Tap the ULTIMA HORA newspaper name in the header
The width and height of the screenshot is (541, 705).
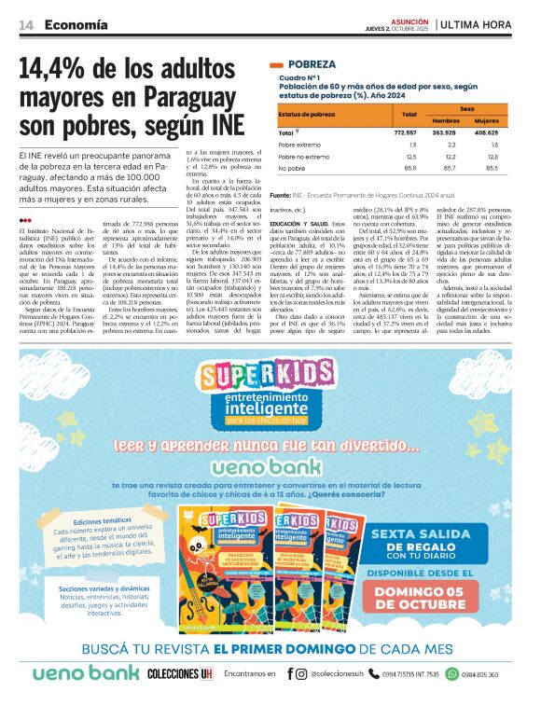[x=482, y=26]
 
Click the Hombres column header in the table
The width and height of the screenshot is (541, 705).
[x=446, y=121]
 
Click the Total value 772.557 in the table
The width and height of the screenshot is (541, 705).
[x=401, y=133]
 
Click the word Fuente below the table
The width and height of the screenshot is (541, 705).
[x=280, y=195]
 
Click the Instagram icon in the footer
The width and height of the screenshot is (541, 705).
[x=301, y=673]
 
